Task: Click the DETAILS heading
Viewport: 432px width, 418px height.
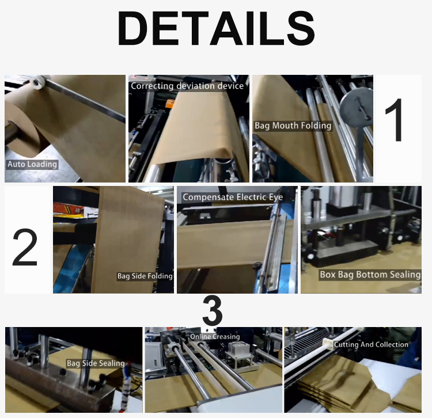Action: point(216,29)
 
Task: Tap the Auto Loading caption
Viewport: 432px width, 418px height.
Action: point(32,165)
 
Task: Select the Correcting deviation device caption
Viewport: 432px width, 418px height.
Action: point(187,86)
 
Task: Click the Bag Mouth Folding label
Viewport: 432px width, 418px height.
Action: point(293,126)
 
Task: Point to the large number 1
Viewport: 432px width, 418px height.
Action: point(395,120)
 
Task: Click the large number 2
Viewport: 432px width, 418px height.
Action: point(25,248)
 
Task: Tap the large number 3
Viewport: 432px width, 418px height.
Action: point(212,311)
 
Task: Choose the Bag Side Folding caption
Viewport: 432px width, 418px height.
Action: point(145,276)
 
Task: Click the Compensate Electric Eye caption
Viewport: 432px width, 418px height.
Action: point(233,197)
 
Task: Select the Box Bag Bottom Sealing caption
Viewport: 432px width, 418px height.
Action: point(370,275)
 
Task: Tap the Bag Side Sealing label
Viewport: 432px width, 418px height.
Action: point(96,363)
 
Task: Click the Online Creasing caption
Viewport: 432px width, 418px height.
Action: point(215,337)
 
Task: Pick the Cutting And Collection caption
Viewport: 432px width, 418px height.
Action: point(371,344)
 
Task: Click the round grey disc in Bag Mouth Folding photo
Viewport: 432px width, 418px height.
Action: point(356,109)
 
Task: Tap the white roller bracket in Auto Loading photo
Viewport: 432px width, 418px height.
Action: point(37,82)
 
